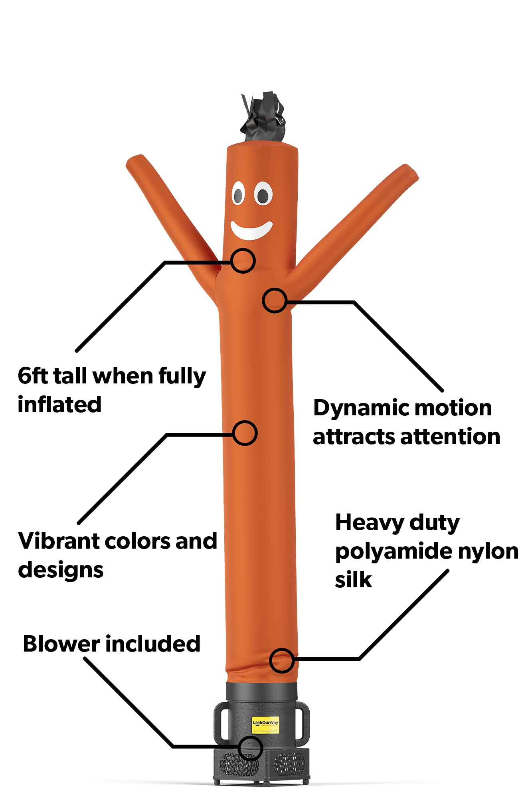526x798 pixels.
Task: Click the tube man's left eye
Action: click(238, 194)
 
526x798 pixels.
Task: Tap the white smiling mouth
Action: click(251, 231)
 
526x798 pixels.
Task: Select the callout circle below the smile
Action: click(243, 261)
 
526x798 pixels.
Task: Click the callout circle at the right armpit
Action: click(275, 300)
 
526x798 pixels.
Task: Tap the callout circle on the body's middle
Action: click(245, 433)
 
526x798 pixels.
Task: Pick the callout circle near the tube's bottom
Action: click(282, 660)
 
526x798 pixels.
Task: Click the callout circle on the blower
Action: click(250, 748)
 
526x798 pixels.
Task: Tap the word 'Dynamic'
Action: click(360, 409)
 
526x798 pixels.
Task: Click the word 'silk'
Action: click(353, 580)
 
